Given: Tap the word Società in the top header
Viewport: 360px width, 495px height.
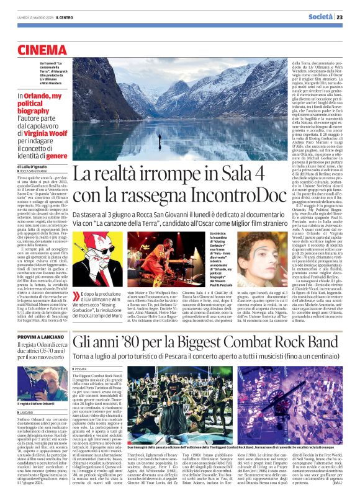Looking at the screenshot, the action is click(321, 17).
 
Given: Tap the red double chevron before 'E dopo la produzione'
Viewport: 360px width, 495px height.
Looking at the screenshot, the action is click(79, 296).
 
